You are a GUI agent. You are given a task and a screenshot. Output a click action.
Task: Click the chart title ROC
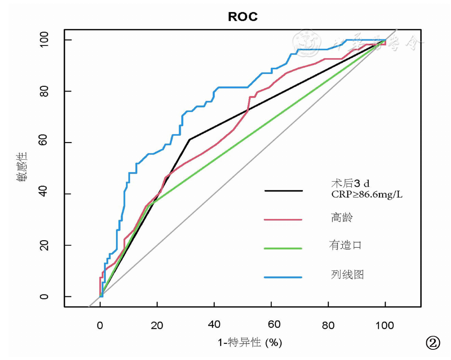click(242, 17)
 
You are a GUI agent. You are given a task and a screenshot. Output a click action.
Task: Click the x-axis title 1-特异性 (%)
click(250, 343)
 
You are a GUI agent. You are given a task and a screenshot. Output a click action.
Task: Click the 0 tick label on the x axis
click(100, 326)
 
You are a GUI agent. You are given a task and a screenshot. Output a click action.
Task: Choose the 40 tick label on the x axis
click(214, 326)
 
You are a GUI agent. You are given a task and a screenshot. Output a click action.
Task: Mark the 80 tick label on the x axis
click(328, 326)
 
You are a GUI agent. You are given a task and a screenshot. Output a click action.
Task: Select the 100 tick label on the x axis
click(385, 326)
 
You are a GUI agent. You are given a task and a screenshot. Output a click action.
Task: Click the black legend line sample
click(283, 190)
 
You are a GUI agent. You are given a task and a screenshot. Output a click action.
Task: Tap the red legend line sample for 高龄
click(283, 219)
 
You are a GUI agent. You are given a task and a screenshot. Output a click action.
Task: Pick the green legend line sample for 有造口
click(283, 248)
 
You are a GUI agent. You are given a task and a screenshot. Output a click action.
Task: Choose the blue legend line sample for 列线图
click(283, 277)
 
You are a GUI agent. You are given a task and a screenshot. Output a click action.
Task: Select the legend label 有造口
click(344, 246)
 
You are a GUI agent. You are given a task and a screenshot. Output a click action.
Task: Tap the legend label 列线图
click(344, 275)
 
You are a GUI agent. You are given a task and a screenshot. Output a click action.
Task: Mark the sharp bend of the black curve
click(190, 139)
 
